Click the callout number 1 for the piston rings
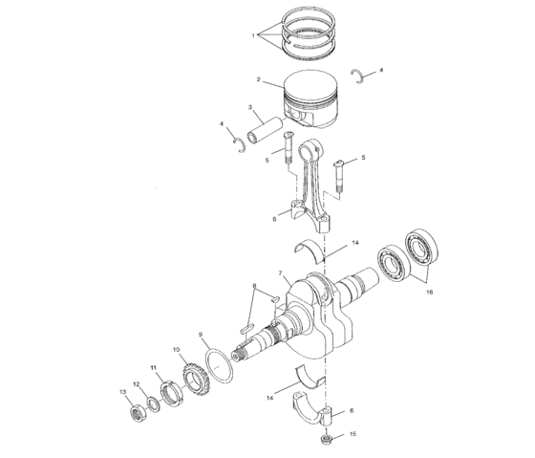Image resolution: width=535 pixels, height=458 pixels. coord(253,35)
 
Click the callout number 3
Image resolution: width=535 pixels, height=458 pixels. coord(249,108)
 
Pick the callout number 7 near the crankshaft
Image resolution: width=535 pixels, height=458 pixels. coord(283,274)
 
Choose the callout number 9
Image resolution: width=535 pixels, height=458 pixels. coord(201,335)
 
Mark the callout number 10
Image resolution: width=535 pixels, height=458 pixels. coord(177,351)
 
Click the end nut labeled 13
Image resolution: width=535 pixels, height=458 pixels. coord(136,412)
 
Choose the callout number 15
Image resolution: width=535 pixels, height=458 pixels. coord(353,434)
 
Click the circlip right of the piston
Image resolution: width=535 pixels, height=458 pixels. coord(360,76)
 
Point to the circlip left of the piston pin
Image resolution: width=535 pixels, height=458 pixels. coord(240,143)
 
